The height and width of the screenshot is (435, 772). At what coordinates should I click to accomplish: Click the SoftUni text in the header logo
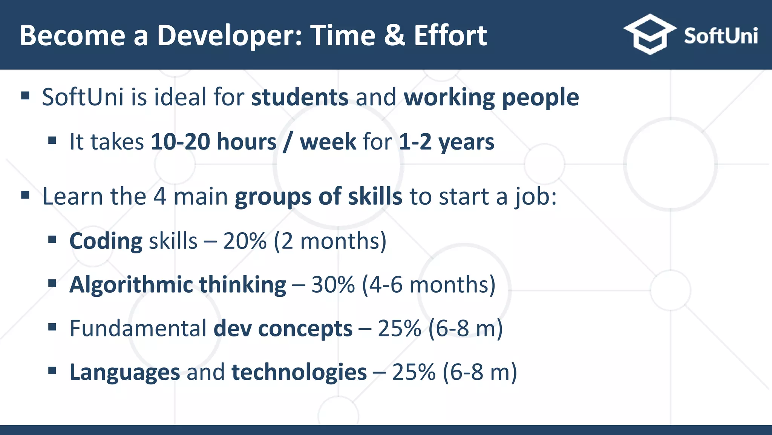[x=720, y=36]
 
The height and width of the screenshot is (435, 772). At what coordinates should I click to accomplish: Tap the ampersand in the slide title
[x=394, y=35]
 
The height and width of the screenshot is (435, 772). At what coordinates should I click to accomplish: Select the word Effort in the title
[x=450, y=35]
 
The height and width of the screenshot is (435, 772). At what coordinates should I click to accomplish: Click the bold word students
[x=300, y=97]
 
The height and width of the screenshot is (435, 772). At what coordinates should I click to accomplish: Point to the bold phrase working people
[x=491, y=97]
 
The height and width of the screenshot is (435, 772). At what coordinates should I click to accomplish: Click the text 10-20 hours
[x=213, y=142]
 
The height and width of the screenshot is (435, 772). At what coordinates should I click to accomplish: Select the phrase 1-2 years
[x=446, y=142]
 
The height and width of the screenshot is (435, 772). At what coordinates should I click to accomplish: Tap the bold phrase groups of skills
[x=318, y=196]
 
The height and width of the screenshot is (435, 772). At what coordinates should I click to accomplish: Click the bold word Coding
[x=106, y=241]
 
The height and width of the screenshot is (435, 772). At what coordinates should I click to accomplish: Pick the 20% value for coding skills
[x=245, y=241]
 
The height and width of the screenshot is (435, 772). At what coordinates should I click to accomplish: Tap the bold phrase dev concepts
[x=283, y=328]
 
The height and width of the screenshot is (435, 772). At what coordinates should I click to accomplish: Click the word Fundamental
[x=138, y=328]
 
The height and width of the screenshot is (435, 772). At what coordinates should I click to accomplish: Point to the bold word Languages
[x=125, y=372]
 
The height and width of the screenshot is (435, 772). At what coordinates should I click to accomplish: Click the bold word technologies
[x=299, y=372]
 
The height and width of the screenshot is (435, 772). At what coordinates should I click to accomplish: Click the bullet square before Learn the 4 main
[x=25, y=195]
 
